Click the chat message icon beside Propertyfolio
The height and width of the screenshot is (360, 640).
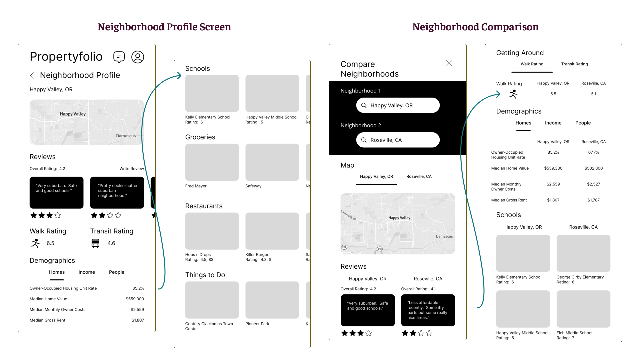click(x=119, y=57)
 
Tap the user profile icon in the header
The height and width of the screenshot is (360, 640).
click(x=138, y=57)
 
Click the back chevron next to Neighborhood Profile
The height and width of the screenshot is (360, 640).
click(x=32, y=76)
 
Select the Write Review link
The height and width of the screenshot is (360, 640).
click(x=132, y=169)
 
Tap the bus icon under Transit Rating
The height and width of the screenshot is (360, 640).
click(x=95, y=243)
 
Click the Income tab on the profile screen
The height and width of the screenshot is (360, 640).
click(x=87, y=272)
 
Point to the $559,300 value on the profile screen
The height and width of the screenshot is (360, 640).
click(x=135, y=299)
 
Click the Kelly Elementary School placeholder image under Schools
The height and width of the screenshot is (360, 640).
click(x=212, y=93)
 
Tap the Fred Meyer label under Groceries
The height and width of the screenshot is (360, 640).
click(x=196, y=186)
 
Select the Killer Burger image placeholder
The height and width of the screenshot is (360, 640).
click(x=272, y=231)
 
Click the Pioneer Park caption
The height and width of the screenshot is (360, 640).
click(x=257, y=324)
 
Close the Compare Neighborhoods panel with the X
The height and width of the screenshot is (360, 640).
click(x=449, y=63)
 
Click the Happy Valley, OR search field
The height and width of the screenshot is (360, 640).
click(x=398, y=105)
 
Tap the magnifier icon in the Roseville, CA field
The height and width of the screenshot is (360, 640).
click(x=364, y=140)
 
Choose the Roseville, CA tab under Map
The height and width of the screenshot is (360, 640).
click(x=419, y=177)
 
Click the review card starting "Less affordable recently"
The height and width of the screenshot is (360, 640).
click(x=428, y=310)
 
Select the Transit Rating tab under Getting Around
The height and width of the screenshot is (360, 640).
click(x=574, y=64)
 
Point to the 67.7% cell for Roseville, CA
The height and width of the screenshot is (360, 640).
click(x=593, y=152)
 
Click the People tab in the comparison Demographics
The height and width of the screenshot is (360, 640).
click(x=583, y=123)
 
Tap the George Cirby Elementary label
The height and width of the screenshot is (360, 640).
click(x=580, y=277)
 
